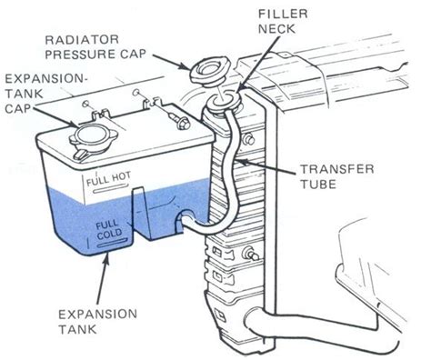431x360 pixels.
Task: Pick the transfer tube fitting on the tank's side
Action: click(187, 218)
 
